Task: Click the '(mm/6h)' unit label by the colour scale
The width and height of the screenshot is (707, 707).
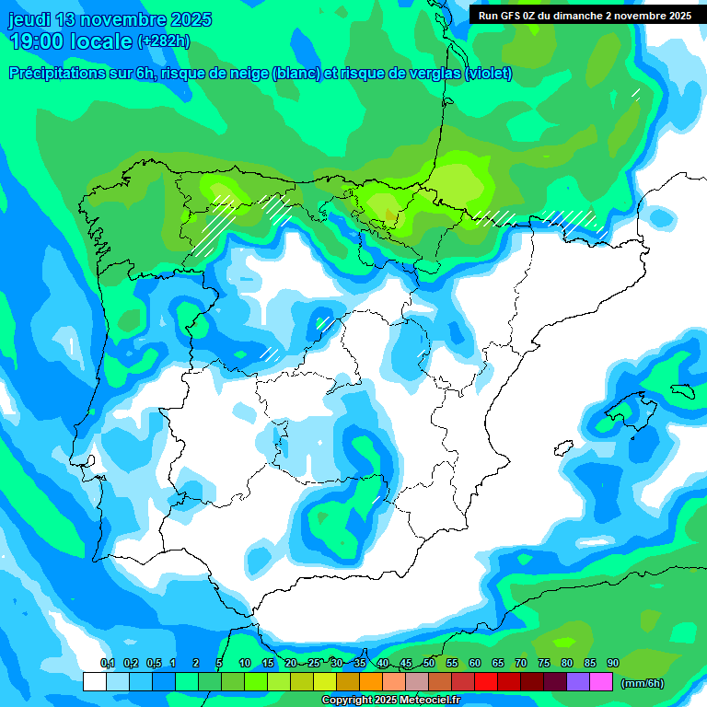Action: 643,683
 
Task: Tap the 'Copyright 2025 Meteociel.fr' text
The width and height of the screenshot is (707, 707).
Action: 390,701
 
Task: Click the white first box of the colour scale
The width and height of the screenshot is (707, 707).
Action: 94,682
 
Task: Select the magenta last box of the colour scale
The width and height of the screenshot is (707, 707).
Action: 601,682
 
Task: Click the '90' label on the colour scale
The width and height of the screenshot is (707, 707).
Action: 613,664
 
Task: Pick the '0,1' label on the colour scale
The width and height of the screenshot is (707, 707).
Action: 107,664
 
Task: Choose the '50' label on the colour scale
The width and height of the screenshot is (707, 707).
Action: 429,664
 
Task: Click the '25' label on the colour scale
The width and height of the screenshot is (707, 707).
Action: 314,664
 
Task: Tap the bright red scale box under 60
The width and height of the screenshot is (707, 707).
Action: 486,682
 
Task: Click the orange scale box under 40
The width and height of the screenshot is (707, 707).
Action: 371,682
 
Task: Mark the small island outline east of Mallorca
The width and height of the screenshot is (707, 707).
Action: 682,389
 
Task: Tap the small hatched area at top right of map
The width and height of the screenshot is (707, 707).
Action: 635,92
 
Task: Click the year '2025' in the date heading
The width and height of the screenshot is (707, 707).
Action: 190,19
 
